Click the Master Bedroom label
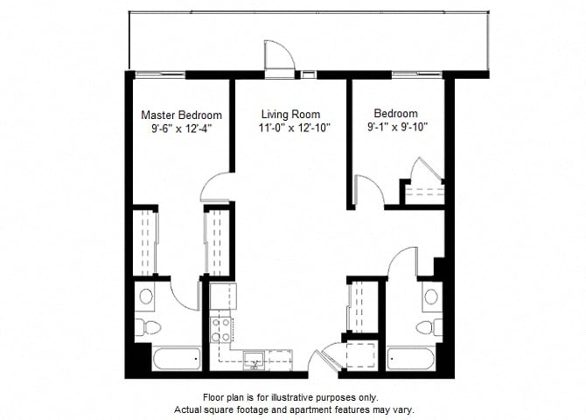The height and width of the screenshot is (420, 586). [181, 115]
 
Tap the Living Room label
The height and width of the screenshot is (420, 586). [290, 114]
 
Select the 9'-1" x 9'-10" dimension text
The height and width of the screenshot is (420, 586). [397, 128]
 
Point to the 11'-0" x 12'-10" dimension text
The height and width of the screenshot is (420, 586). [295, 129]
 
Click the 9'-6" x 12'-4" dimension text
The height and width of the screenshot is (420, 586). [182, 129]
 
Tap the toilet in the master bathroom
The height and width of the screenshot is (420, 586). [148, 327]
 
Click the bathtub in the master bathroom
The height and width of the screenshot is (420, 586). [178, 358]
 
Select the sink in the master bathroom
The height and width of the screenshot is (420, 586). [146, 297]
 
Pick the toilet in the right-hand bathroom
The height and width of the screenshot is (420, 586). [429, 327]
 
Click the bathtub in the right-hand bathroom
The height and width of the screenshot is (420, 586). [411, 359]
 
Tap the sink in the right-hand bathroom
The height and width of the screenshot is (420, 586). [431, 297]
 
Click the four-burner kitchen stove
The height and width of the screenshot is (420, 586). [220, 330]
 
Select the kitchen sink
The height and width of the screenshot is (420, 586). [255, 360]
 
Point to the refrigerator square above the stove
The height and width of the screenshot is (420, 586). [223, 297]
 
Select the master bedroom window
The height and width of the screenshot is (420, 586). [160, 74]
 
